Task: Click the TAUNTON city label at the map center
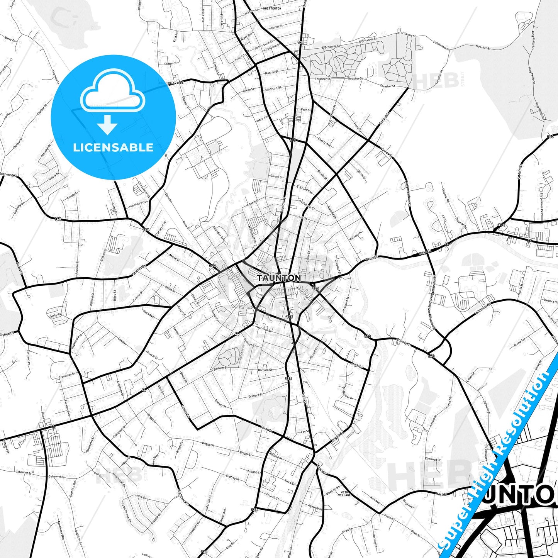tap(279, 278)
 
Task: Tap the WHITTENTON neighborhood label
tap(272, 8)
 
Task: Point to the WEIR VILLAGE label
tap(344, 494)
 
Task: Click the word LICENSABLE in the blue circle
tap(113, 148)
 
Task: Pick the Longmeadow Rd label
tap(408, 193)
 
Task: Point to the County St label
tap(404, 341)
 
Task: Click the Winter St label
tap(386, 152)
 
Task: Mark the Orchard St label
tap(255, 395)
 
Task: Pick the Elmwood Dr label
tap(432, 459)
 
